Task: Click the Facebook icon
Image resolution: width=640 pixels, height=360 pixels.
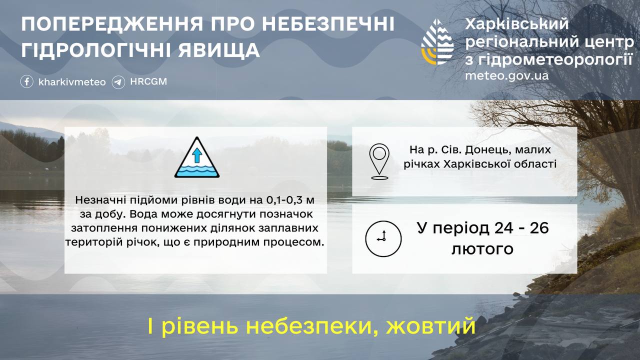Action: pyautogui.click(x=26, y=81)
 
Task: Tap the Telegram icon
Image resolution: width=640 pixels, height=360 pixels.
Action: pyautogui.click(x=118, y=82)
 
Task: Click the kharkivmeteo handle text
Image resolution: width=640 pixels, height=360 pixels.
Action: pyautogui.click(x=72, y=82)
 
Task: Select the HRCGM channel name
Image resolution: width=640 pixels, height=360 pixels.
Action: pyautogui.click(x=148, y=81)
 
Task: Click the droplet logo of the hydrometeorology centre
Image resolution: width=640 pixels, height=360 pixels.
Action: pyautogui.click(x=437, y=41)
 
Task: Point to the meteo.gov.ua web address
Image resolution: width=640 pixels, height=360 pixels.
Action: pyautogui.click(x=507, y=75)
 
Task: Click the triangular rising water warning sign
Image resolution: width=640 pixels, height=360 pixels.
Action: pyautogui.click(x=197, y=157)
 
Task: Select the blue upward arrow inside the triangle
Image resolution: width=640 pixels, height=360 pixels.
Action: pyautogui.click(x=197, y=155)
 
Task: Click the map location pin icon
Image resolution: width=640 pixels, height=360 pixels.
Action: pyautogui.click(x=379, y=161)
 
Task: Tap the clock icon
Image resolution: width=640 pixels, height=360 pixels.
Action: pyautogui.click(x=383, y=238)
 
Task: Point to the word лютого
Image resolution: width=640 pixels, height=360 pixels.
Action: pyautogui.click(x=482, y=249)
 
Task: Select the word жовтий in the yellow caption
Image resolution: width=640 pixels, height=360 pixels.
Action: pyautogui.click(x=430, y=326)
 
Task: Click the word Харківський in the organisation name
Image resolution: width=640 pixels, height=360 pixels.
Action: pyautogui.click(x=517, y=24)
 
